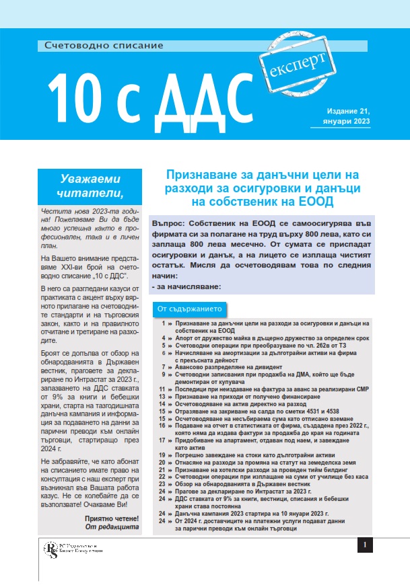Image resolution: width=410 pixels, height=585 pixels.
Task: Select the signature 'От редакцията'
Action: [x=114, y=527]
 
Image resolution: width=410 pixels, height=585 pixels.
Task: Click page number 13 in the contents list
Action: [x=162, y=397]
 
